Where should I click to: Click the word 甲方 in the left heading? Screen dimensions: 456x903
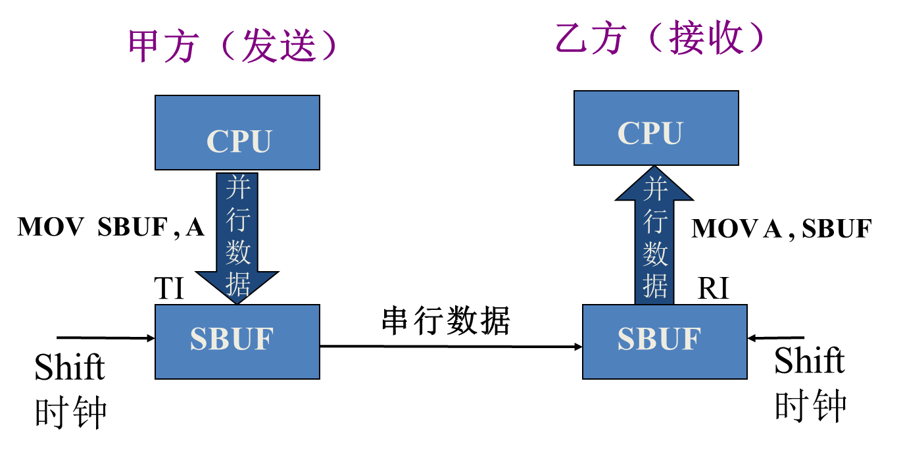tap(163, 46)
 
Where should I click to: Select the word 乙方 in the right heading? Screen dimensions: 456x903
tap(590, 38)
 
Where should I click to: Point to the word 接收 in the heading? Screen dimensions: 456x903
tap(706, 38)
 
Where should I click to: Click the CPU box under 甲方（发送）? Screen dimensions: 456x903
tap(237, 133)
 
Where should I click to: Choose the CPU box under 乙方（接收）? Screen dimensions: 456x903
tap(656, 128)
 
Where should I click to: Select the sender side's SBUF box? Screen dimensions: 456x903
tap(237, 342)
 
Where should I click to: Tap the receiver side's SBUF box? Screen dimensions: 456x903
tap(665, 342)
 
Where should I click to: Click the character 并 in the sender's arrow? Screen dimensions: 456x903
tap(238, 188)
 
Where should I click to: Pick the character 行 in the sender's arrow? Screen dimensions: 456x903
tap(238, 219)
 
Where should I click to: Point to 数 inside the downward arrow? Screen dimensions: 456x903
tap(238, 252)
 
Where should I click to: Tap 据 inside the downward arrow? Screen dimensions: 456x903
tap(238, 284)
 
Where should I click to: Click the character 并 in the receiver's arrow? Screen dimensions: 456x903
tap(655, 190)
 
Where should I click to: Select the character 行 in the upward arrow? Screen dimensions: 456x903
tap(655, 222)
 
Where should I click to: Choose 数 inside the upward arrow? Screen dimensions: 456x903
tap(655, 254)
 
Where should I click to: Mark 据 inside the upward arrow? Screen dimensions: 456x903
tap(655, 286)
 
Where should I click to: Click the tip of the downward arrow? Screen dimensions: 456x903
tap(237, 301)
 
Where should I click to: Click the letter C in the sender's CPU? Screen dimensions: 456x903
tap(217, 141)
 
